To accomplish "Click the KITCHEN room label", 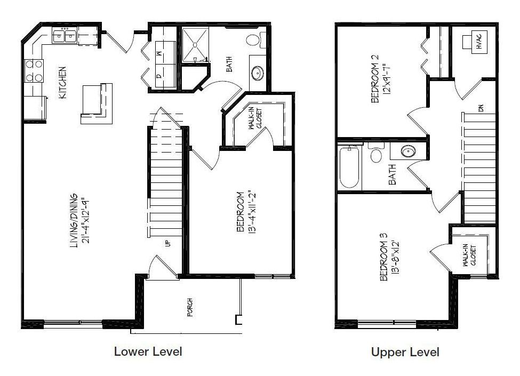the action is pos(63,83).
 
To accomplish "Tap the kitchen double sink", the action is pos(65,35).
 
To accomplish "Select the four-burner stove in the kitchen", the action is pos(34,70).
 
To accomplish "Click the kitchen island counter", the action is pos(97,103).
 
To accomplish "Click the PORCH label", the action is pos(190,307).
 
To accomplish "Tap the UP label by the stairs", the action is pos(167,243).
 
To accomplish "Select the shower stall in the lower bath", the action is pos(195,44).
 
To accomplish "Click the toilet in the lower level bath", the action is pos(256,40).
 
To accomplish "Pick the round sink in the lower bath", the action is pos(258,73).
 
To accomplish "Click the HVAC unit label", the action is pos(479,42).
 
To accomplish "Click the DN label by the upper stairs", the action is pos(481,108).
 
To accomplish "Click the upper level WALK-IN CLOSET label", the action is pos(469,255).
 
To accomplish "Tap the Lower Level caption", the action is pos(148,351).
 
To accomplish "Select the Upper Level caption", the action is pos(405,352).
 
